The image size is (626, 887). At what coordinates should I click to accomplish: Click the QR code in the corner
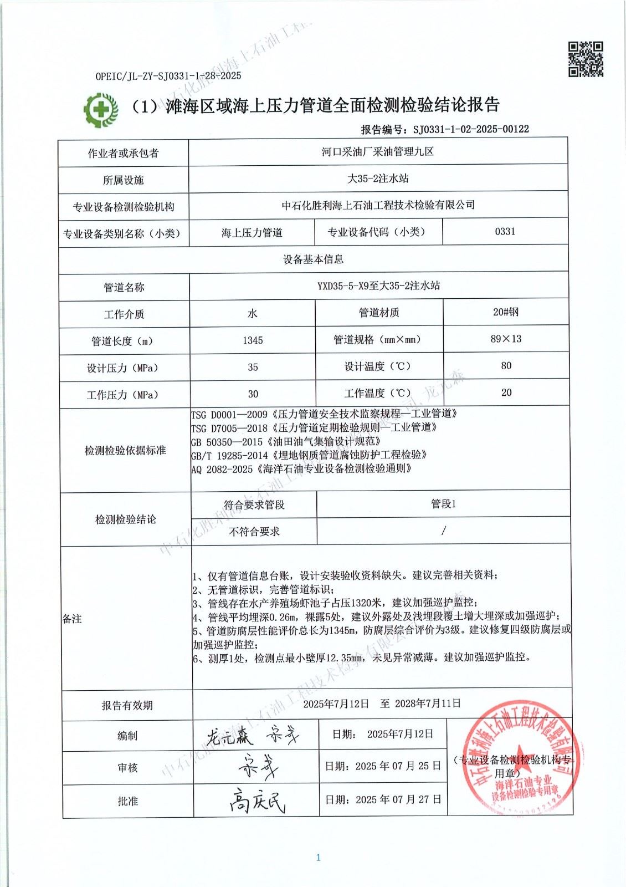pos(586,59)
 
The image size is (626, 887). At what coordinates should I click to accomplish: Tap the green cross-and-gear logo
pos(101,109)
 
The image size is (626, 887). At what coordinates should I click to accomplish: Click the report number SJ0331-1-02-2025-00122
pos(471,129)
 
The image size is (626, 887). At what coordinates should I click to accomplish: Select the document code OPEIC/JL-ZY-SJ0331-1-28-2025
pos(168,77)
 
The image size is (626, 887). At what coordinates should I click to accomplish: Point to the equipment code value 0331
pos(505,231)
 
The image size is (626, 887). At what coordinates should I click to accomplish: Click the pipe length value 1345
pos(253,340)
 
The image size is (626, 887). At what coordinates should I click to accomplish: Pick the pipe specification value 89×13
pos(506,339)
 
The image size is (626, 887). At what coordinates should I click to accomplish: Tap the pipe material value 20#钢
pos(506,312)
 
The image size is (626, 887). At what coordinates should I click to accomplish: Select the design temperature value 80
pos(506,366)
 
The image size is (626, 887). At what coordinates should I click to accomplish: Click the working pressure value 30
pos(253,394)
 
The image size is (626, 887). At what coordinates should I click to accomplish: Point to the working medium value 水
pos(253,313)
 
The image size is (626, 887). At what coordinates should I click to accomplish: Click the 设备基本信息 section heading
pos(313,259)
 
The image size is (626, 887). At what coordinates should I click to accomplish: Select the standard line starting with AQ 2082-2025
pos(302,468)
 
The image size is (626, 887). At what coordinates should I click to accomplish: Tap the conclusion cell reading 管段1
pos(443,504)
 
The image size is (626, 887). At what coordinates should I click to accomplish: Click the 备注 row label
pos(72,619)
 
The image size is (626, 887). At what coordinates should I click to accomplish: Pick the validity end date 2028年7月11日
pos(428,704)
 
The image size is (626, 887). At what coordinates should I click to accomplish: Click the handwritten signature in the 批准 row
pos(258,800)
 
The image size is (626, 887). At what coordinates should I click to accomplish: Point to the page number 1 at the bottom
pos(318,858)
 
